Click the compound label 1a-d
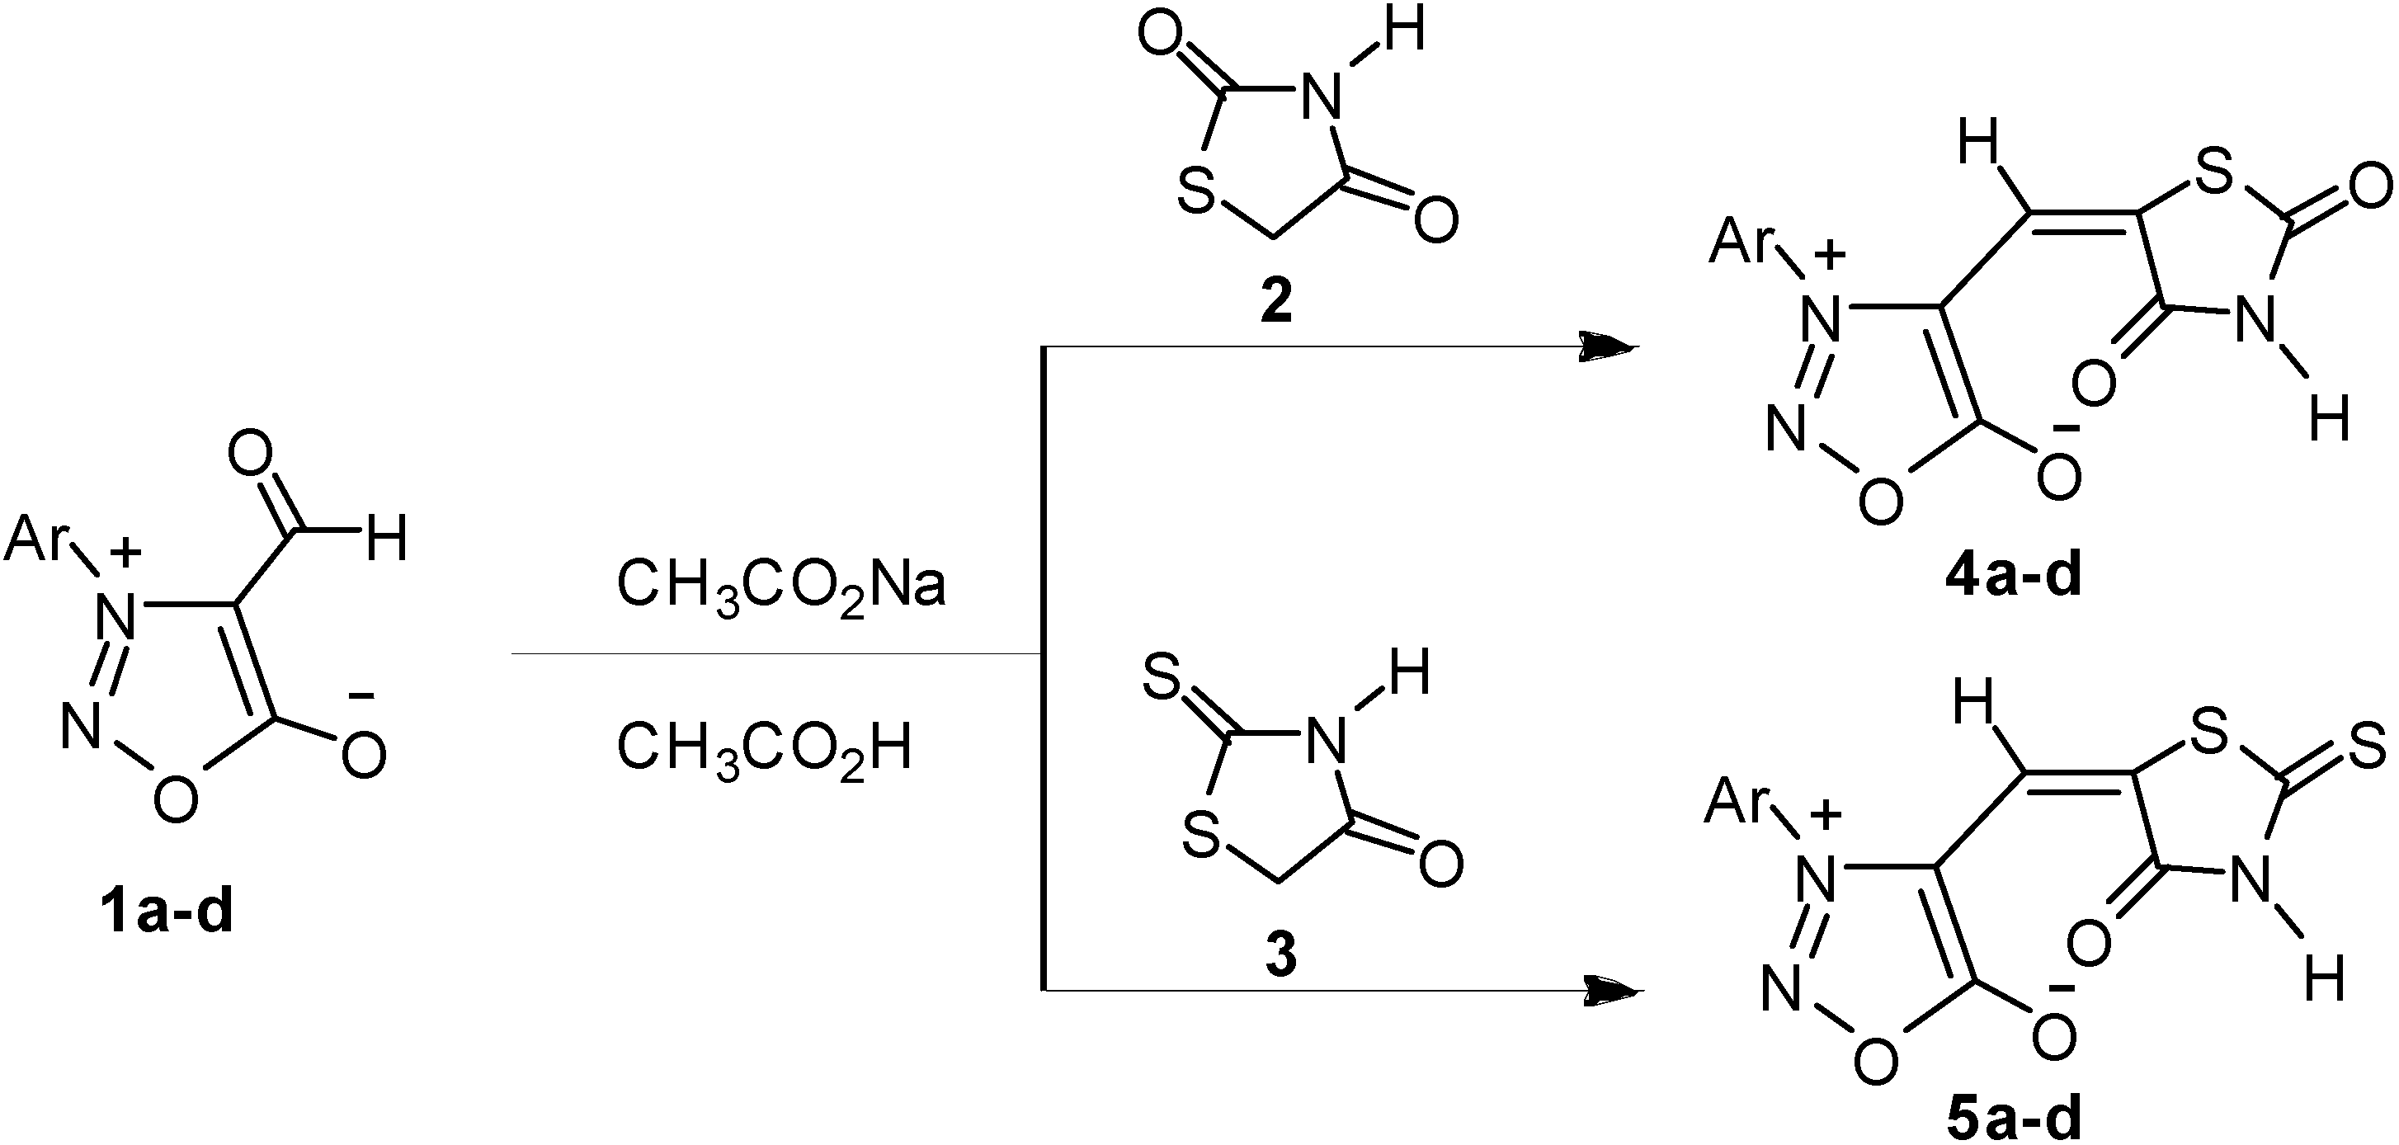click(167, 912)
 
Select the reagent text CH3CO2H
click(764, 749)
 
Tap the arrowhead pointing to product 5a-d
click(1613, 991)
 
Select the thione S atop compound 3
click(1162, 682)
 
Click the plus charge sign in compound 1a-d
click(125, 554)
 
